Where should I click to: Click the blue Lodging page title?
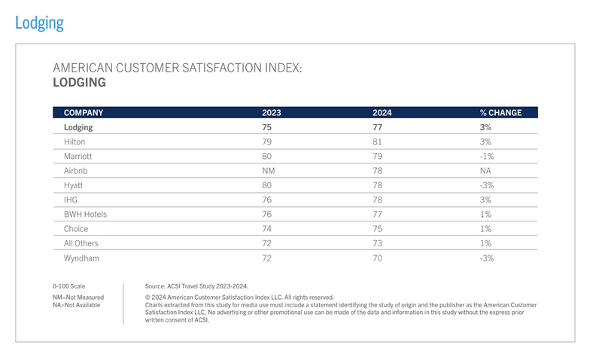click(39, 23)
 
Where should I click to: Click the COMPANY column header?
click(83, 113)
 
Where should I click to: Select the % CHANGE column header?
click(500, 113)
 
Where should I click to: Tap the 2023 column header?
click(271, 113)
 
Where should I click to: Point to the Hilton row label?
click(74, 142)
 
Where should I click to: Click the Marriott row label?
click(79, 156)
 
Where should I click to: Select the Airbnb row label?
click(77, 171)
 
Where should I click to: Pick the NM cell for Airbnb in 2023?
click(268, 171)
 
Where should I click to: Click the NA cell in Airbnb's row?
click(485, 171)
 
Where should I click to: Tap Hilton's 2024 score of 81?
click(378, 142)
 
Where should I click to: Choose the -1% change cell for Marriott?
click(486, 156)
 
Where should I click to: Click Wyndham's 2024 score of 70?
click(378, 258)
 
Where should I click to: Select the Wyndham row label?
click(81, 258)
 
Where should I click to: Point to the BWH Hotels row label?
click(85, 215)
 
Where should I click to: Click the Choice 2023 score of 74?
click(266, 229)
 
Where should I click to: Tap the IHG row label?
click(71, 200)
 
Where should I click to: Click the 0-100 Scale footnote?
click(68, 286)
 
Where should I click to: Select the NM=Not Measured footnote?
click(78, 297)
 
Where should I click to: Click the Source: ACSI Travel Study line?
click(196, 286)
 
